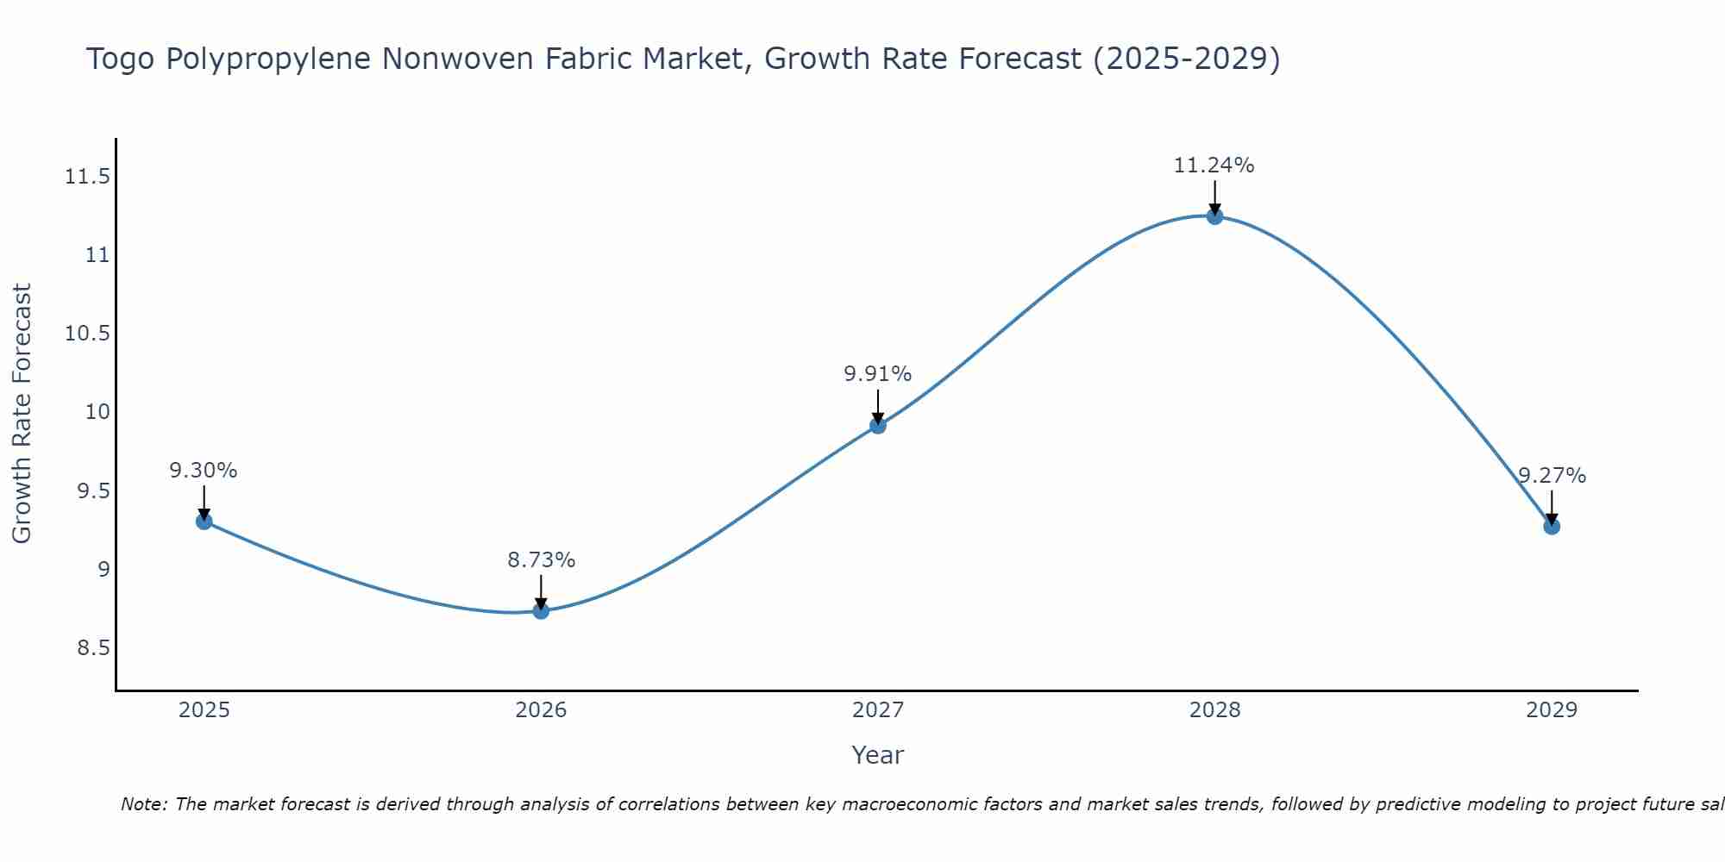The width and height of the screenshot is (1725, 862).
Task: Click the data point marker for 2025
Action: point(204,521)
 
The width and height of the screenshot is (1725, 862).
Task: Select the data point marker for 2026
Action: point(541,610)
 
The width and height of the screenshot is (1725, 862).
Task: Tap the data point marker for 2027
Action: point(878,425)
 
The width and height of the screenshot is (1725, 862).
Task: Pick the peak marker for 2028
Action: point(1214,215)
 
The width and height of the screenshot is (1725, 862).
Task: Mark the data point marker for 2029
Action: point(1552,526)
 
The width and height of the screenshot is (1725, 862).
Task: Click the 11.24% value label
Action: point(1214,165)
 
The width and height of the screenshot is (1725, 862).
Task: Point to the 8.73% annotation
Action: point(541,559)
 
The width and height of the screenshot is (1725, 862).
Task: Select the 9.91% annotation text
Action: point(877,373)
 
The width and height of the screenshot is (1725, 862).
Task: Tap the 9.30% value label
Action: point(203,470)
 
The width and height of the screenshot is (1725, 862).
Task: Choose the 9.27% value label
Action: point(1552,475)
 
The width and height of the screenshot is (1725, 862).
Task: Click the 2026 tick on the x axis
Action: point(541,710)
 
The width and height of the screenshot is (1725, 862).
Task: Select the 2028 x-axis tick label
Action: point(1214,710)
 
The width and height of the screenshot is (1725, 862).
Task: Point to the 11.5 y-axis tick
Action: point(87,177)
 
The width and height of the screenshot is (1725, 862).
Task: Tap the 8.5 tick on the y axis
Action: point(93,647)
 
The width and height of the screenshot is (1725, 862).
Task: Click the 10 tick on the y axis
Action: point(97,412)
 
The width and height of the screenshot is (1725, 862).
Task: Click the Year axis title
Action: point(877,755)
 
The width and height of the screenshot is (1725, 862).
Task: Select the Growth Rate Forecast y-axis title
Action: point(22,413)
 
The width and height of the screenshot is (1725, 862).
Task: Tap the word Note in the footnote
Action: point(144,804)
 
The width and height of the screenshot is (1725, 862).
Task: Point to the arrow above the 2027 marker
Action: point(878,406)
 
